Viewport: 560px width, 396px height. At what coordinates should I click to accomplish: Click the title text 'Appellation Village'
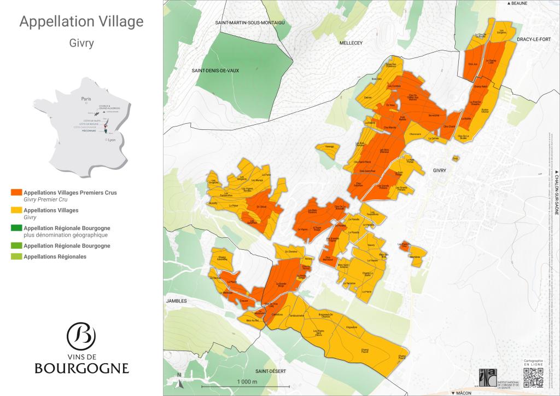(x=81, y=22)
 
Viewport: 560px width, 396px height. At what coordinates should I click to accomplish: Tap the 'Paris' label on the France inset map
(x=85, y=99)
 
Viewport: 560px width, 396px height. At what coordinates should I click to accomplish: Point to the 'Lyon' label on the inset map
(x=112, y=140)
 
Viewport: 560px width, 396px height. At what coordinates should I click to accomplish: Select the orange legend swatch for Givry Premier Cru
(x=16, y=192)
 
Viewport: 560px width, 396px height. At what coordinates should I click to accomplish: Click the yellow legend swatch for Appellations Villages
(x=16, y=210)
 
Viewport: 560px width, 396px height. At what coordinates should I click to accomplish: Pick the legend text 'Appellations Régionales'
(x=55, y=256)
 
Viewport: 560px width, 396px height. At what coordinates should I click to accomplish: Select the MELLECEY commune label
(x=351, y=42)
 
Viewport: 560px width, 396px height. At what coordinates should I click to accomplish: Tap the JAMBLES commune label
(x=177, y=301)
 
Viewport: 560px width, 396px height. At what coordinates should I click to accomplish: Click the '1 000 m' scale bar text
(x=247, y=381)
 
